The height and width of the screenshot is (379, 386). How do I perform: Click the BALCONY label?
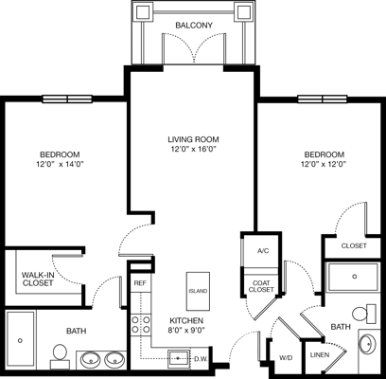pos(193,25)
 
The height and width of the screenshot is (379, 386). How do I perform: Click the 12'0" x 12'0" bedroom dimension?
pos(324,163)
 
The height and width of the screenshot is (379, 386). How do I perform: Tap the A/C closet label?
pos(262,251)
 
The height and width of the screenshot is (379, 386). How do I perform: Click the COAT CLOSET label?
pos(261,285)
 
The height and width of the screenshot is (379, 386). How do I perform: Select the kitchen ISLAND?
pos(198,291)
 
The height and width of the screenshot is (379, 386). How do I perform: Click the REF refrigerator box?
pos(139,282)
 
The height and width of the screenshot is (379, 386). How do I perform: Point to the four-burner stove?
pos(140,325)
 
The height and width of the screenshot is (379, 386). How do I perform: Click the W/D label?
pos(286,357)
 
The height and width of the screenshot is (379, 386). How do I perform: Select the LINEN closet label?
pos(319,355)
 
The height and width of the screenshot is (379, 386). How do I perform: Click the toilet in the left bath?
pos(59,354)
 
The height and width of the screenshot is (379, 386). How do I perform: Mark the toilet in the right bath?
pos(361,314)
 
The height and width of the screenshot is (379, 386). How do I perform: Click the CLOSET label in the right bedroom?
pos(353,245)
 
